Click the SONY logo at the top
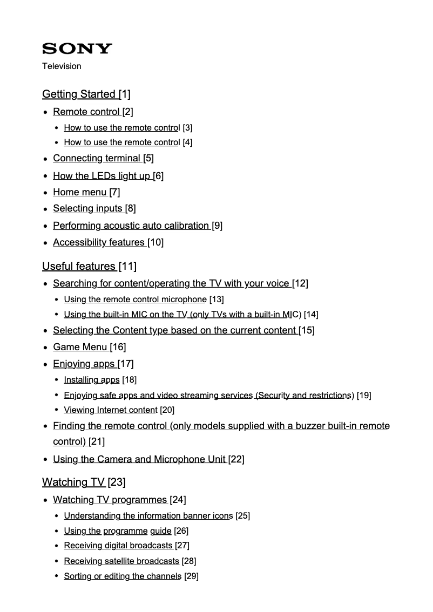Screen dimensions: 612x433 pyautogui.click(x=77, y=49)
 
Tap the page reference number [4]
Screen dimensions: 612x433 pyautogui.click(x=187, y=142)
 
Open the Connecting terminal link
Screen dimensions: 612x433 pyautogui.click(x=97, y=158)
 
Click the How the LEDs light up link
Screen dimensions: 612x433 pyautogui.click(x=102, y=175)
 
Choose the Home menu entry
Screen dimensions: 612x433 pyautogui.click(x=79, y=192)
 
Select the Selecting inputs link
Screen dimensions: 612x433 pyautogui.click(x=87, y=209)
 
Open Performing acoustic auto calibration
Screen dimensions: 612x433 pyautogui.click(x=131, y=226)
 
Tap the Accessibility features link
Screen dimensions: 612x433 pyautogui.click(x=99, y=242)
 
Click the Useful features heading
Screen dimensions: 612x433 pyautogui.click(x=79, y=266)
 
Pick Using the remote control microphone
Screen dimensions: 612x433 pyautogui.click(x=135, y=299)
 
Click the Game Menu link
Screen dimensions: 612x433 pyautogui.click(x=80, y=346)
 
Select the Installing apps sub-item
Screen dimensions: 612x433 pyautogui.click(x=91, y=380)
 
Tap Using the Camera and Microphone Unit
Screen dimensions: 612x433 pyautogui.click(x=139, y=459)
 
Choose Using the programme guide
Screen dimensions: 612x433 pyautogui.click(x=117, y=531)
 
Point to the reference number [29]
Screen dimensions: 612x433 pyautogui.click(x=191, y=576)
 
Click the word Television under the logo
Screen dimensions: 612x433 pyautogui.click(x=62, y=66)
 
